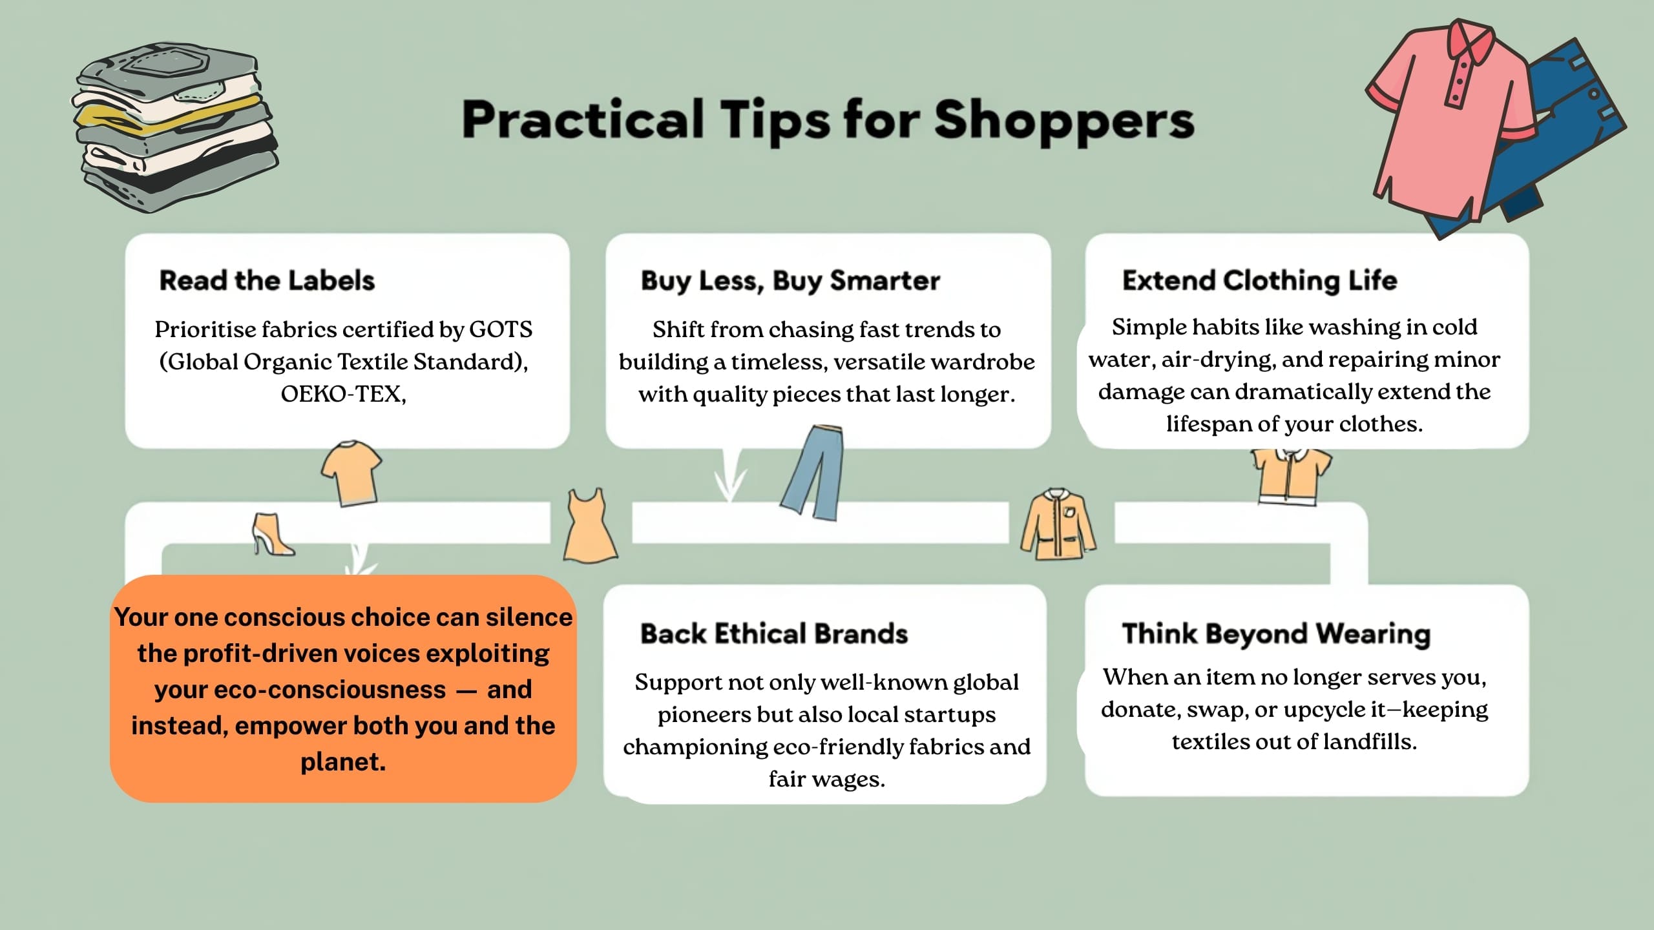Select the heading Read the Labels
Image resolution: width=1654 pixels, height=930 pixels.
(x=267, y=280)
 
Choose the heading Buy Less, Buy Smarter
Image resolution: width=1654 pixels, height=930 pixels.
(x=790, y=281)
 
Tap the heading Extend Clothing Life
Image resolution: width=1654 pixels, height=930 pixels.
(x=1259, y=281)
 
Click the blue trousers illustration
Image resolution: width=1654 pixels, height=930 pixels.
(x=813, y=472)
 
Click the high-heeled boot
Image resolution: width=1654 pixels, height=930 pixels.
(x=272, y=534)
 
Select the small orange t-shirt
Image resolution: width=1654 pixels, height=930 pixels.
(x=351, y=473)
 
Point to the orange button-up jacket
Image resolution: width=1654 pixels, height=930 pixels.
(x=1058, y=524)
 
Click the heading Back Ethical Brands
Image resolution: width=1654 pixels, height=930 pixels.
(x=774, y=634)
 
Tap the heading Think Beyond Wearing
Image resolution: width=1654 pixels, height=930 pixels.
(x=1276, y=634)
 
